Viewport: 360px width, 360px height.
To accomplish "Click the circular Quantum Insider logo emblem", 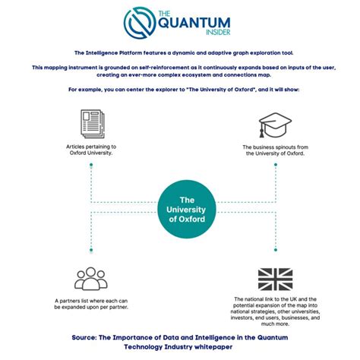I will [142, 23].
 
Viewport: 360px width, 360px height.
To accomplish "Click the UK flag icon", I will [274, 279].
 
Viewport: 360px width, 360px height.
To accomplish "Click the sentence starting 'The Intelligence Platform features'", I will [180, 52].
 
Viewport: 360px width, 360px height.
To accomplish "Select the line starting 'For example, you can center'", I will [180, 90].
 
